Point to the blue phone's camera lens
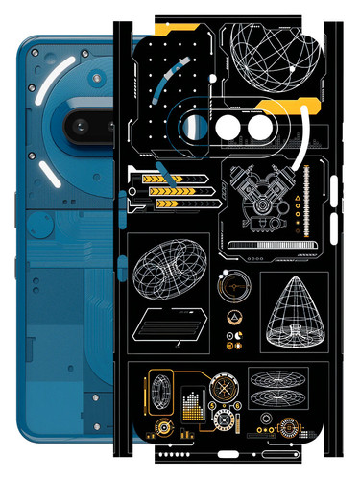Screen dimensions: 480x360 pos(79,123)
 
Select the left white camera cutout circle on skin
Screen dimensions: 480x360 pos(228,127)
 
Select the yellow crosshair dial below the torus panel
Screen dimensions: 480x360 pos(230,286)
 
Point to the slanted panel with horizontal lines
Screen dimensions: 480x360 pos(170,325)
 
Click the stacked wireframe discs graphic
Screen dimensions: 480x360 pos(278,389)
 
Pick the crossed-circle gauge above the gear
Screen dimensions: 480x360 pos(227,388)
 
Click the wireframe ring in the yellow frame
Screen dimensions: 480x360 pos(159,394)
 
